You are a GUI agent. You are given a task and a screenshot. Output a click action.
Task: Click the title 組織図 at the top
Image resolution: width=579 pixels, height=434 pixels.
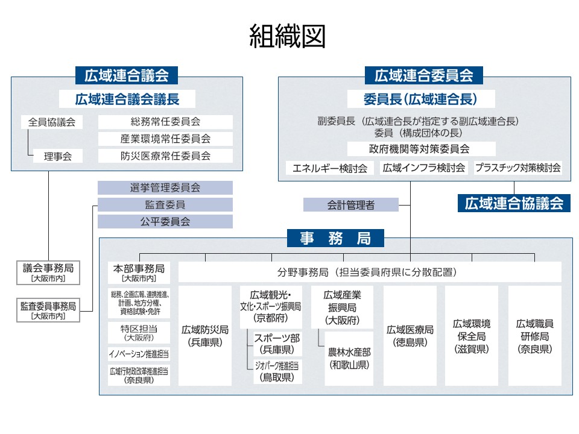(x=288, y=37)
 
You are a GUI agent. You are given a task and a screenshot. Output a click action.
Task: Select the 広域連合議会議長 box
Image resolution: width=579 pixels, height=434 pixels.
(x=127, y=99)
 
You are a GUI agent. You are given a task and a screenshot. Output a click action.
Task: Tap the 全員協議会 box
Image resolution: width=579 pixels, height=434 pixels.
(x=52, y=122)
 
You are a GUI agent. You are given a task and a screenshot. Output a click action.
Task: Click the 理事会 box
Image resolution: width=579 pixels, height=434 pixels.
(x=57, y=156)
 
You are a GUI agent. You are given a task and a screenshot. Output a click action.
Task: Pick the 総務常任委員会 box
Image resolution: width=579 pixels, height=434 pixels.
(x=165, y=122)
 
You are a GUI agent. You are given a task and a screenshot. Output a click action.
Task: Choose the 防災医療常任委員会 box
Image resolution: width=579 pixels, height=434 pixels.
(x=165, y=156)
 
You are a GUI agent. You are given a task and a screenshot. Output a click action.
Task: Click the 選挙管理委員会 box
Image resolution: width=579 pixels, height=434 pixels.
(x=165, y=188)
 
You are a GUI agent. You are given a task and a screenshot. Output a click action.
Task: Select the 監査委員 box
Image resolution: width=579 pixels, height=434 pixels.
(x=165, y=205)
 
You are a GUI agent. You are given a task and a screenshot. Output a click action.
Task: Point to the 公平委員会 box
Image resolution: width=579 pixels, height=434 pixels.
(x=165, y=221)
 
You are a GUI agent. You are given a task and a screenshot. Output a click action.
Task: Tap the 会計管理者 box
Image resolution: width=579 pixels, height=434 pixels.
(x=350, y=205)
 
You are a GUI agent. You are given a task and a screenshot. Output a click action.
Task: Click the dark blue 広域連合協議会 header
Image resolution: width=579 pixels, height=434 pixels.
(x=514, y=203)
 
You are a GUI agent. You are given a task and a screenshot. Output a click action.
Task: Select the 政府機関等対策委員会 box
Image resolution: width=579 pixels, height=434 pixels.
(x=419, y=149)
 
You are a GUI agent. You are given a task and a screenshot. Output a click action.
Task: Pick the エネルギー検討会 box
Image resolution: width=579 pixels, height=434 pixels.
(x=330, y=168)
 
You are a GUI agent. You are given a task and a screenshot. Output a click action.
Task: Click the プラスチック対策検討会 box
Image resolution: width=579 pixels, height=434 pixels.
(x=517, y=168)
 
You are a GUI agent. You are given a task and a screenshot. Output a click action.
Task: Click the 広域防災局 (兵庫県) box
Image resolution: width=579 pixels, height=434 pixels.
(x=205, y=336)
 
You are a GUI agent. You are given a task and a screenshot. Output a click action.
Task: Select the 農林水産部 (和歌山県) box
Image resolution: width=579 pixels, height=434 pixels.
(x=349, y=358)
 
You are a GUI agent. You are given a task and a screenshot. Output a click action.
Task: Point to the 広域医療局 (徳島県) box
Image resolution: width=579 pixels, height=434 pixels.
(x=410, y=336)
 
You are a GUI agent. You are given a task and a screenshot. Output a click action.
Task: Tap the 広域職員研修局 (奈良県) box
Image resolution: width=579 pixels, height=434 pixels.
(x=534, y=336)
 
